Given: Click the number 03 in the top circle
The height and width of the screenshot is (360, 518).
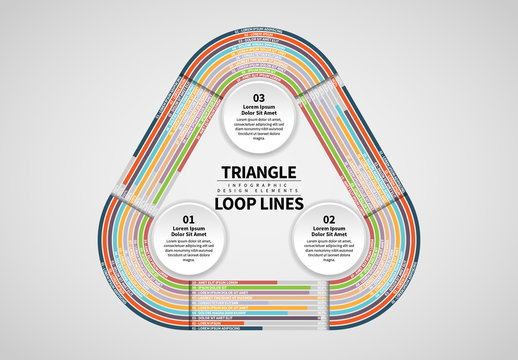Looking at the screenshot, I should pos(259,98).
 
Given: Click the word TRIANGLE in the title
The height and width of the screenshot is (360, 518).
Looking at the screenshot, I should pos(259,171).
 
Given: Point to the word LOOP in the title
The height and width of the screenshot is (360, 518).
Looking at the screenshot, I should pos(236,204).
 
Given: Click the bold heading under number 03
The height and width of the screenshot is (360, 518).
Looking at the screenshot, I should pos(259,112).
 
